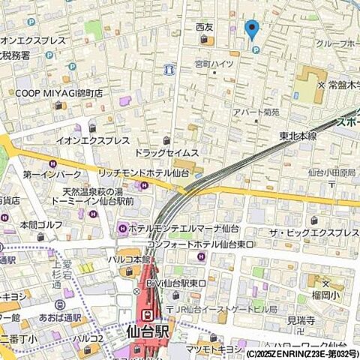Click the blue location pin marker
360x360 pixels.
(x=252, y=29)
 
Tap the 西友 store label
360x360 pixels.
(x=204, y=27)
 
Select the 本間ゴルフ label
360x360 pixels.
(x=39, y=223)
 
